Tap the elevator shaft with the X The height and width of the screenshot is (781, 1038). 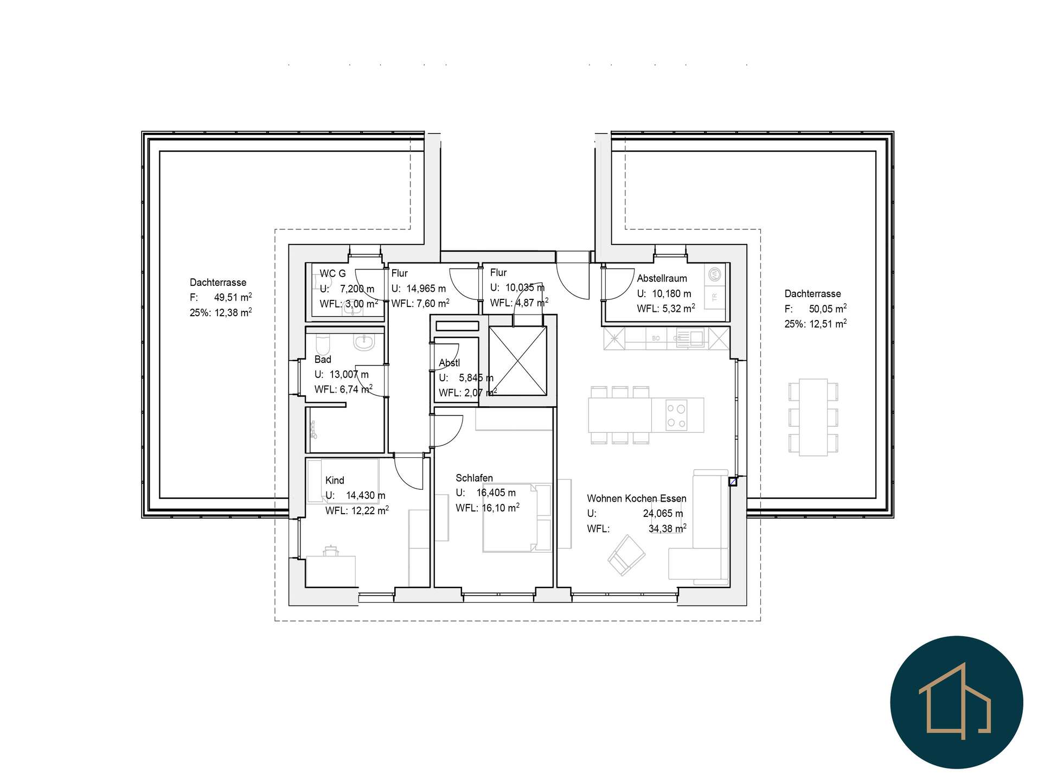[517, 361]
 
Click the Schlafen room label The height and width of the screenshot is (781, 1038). [474, 478]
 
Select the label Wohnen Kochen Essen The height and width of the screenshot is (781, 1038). [636, 498]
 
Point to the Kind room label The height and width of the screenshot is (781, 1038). [335, 480]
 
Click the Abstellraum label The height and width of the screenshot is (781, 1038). [662, 278]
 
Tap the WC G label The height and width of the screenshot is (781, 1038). [332, 273]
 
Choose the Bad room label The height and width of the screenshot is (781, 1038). [323, 359]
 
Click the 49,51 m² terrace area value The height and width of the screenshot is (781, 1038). [233, 297]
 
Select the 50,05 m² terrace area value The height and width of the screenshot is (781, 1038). [828, 309]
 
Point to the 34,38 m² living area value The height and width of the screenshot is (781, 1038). [668, 528]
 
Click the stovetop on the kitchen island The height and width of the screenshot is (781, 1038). [677, 415]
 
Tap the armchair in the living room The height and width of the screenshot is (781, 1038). [626, 555]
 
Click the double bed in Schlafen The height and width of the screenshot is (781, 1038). [517, 517]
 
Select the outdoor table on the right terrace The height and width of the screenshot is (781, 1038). [813, 417]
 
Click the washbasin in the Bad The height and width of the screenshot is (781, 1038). [363, 342]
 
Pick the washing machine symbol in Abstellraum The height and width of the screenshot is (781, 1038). [715, 274]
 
